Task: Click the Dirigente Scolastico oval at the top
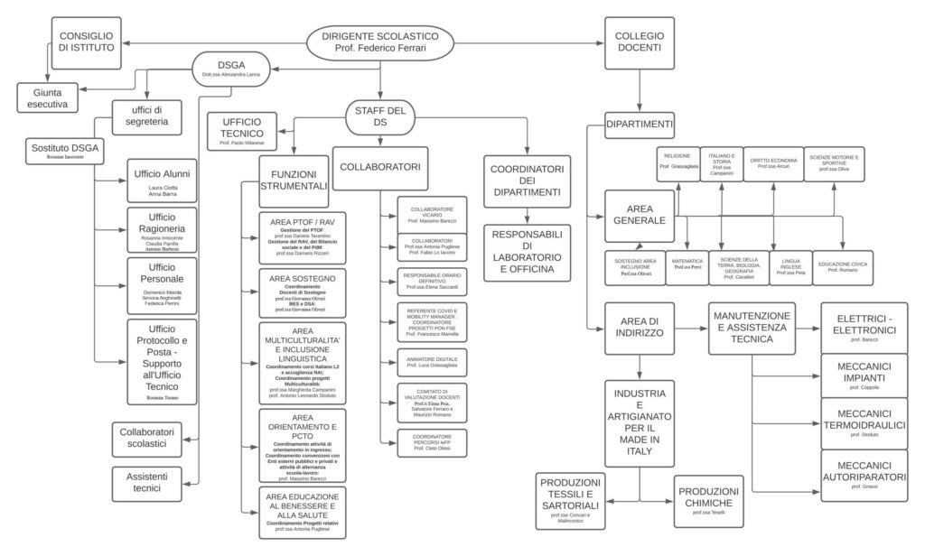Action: coord(379,42)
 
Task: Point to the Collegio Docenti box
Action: coord(640,42)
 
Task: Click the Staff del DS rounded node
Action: coord(379,116)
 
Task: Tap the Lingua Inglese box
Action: coord(788,268)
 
